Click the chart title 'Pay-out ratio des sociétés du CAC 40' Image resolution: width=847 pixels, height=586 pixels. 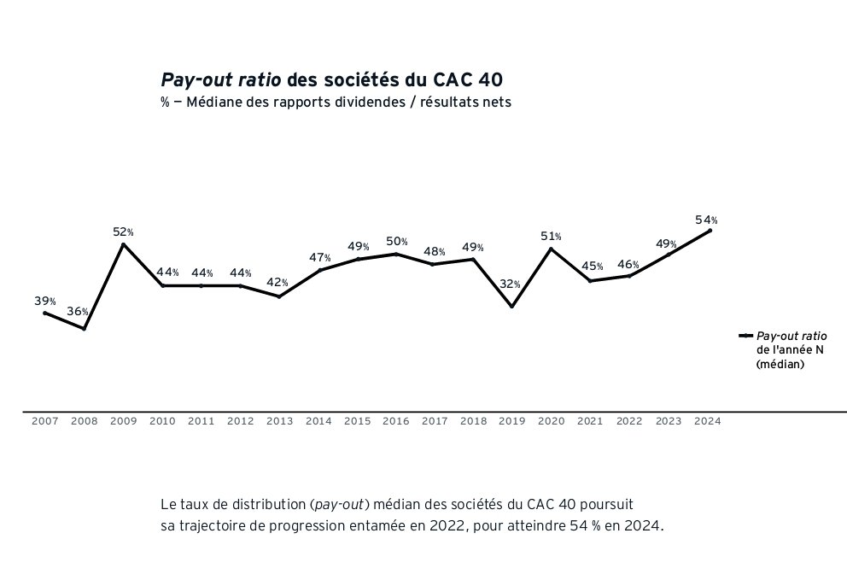click(331, 80)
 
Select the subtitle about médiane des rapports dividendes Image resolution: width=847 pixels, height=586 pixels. click(336, 103)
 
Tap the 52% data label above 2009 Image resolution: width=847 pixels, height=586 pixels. click(123, 231)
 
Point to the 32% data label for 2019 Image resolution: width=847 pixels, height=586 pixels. click(510, 284)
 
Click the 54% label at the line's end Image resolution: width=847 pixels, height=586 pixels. click(706, 220)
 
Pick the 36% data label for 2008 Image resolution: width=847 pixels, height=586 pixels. click(78, 312)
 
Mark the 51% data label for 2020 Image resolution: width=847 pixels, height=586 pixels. click(551, 237)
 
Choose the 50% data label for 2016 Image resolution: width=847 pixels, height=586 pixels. click(397, 242)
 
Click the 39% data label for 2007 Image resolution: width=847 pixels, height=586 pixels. click(45, 301)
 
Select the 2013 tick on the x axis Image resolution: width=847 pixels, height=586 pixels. click(279, 421)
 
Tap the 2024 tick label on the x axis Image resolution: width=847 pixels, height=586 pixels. click(708, 421)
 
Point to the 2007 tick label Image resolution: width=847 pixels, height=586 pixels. click(44, 421)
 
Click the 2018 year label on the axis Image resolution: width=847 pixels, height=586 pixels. click(473, 421)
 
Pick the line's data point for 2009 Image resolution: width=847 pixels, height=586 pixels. click(124, 244)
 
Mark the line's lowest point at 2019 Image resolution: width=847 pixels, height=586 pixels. click(511, 307)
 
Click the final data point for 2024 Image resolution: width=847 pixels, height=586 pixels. click(710, 231)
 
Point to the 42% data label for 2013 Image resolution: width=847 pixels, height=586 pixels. click(277, 283)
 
